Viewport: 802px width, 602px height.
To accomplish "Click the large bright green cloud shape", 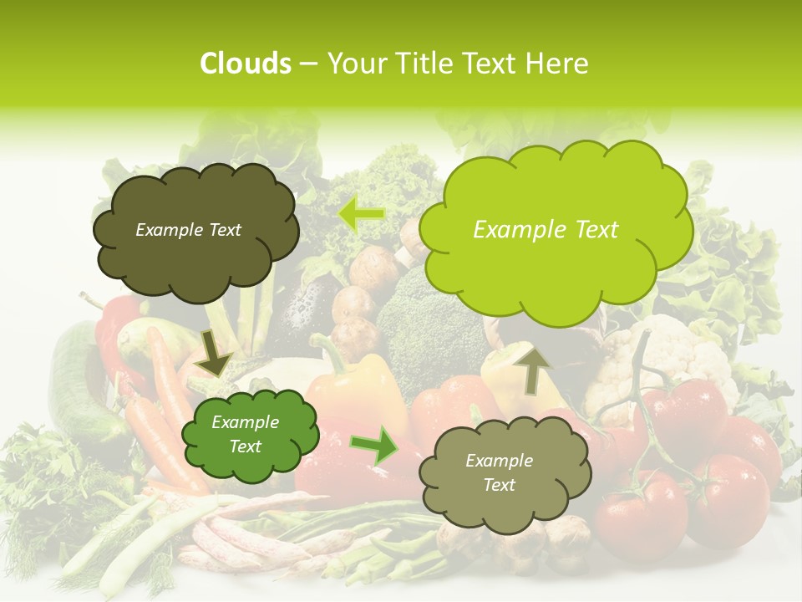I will pos(555,226).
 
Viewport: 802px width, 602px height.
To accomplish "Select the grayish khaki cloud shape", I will pos(500,473).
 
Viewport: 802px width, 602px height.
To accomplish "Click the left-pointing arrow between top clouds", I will pos(360,214).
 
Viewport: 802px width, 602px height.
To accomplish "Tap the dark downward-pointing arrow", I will pos(214,352).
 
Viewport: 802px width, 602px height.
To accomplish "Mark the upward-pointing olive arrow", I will pos(536,368).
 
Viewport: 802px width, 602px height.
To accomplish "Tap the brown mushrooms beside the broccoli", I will pos(368,276).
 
